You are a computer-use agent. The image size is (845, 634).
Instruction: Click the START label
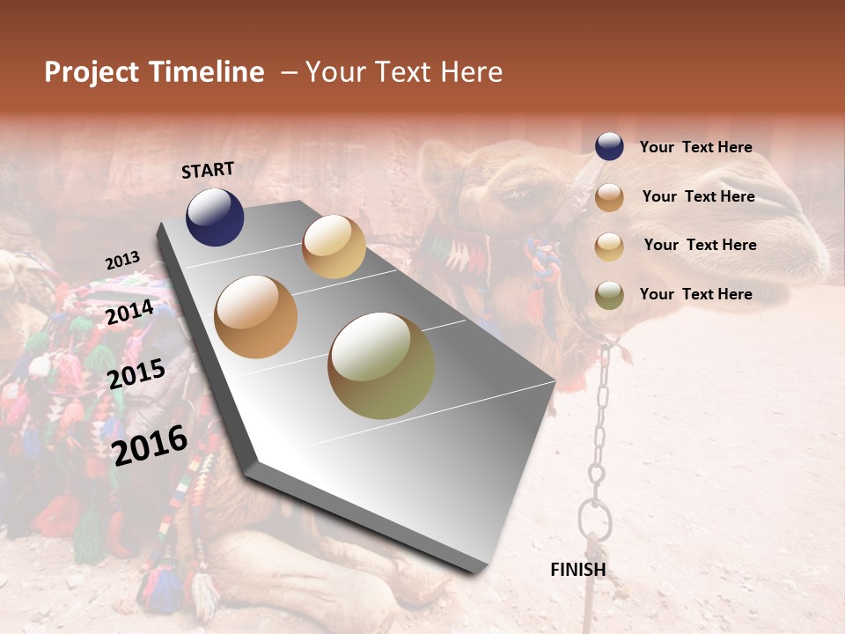click(x=208, y=170)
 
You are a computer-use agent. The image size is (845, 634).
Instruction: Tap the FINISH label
click(x=577, y=570)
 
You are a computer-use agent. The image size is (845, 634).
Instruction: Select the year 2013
click(x=123, y=261)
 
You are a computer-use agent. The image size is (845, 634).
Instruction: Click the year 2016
click(x=151, y=445)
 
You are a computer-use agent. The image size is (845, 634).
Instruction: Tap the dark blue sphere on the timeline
click(x=215, y=217)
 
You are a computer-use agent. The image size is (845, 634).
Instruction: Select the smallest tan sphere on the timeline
click(x=334, y=247)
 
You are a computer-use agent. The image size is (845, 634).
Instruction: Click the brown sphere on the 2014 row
click(x=256, y=317)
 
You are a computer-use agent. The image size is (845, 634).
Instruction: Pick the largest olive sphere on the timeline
click(x=381, y=365)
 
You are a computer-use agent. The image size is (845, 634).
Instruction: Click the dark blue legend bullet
click(x=609, y=146)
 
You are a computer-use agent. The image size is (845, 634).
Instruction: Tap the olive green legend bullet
click(x=609, y=294)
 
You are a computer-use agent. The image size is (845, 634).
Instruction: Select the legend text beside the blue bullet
click(x=695, y=147)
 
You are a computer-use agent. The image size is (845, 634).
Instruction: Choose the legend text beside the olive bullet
click(x=695, y=294)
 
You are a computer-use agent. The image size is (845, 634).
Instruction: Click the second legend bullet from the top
click(x=609, y=197)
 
